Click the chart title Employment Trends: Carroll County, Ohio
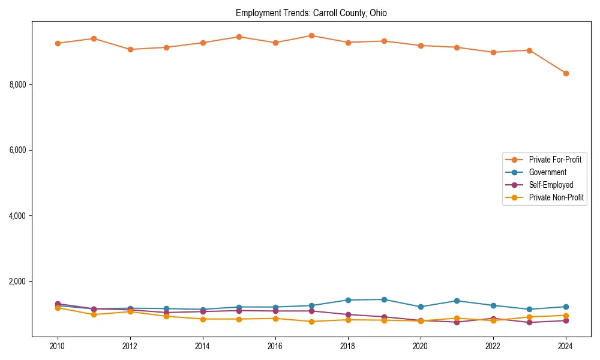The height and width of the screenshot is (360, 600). pos(311,13)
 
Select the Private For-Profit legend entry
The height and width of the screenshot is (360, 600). pos(551,160)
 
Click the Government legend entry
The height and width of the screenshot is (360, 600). pos(547,172)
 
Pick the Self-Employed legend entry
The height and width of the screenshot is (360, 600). pos(551,185)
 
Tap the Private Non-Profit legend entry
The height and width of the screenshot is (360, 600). pos(556,197)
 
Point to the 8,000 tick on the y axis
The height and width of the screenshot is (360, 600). pos(17,85)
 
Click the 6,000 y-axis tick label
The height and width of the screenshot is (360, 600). pos(17,150)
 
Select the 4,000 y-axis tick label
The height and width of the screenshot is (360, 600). pos(17,216)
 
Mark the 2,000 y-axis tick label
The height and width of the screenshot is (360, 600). pos(17,282)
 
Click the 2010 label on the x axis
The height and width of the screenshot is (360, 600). pos(58,346)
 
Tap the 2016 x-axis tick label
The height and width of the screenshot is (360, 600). pos(275,346)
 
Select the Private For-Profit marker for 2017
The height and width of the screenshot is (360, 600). pos(311,35)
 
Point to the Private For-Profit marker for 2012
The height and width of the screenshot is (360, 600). pos(130,49)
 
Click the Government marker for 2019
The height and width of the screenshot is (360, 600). pos(384,299)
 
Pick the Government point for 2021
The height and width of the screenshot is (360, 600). pos(457,301)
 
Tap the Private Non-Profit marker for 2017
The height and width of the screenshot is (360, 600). pos(311,322)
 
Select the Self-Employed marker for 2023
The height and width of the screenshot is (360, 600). pos(529,322)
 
